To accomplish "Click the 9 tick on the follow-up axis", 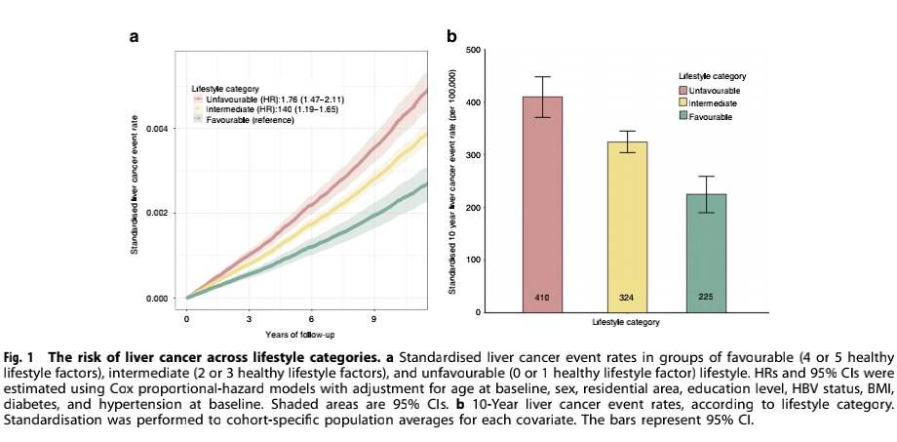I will coord(374,319).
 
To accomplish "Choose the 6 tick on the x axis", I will coord(312,319).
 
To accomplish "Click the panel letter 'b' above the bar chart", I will coord(451,37).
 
